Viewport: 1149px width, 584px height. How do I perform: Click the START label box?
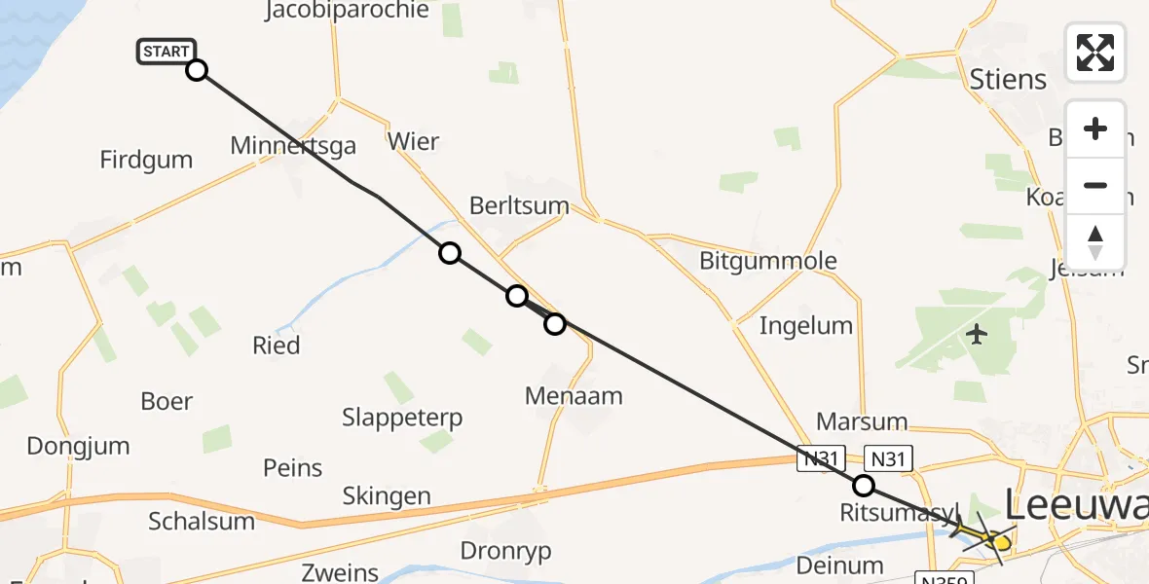(x=167, y=52)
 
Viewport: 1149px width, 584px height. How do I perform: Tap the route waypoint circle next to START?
(x=197, y=69)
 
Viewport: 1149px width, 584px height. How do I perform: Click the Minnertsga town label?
(x=293, y=146)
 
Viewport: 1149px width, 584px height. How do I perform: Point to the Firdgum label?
(x=146, y=160)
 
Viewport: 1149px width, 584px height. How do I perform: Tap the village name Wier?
(x=413, y=142)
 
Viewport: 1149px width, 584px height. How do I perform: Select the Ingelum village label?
(x=805, y=325)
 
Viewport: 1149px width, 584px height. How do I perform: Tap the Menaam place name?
(x=573, y=396)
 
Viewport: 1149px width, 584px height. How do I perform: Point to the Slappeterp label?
(x=402, y=419)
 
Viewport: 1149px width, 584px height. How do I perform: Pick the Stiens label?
(x=1008, y=79)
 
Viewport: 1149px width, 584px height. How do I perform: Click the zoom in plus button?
(x=1095, y=129)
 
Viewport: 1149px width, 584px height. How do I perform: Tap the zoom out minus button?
(x=1095, y=185)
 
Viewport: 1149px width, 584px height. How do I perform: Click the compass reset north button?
(x=1095, y=240)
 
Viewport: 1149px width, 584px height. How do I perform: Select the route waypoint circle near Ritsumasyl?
(x=863, y=486)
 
